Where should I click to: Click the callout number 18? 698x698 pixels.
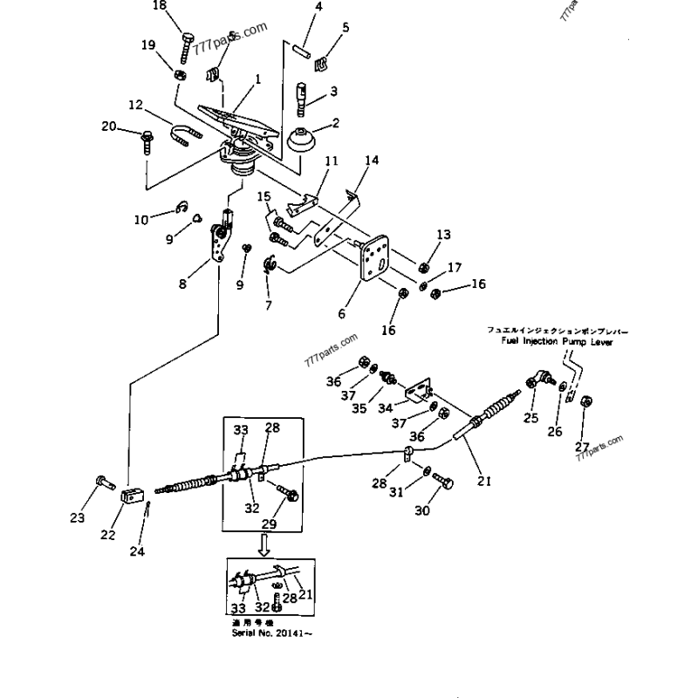coord(158,6)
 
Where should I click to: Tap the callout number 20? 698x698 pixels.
coord(108,127)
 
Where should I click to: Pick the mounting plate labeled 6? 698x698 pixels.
coord(374,257)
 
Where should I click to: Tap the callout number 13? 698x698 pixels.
coord(444,234)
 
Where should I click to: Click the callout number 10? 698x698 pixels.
coord(141,221)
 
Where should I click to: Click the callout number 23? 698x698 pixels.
coord(78,518)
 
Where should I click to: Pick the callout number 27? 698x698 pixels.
coord(582,447)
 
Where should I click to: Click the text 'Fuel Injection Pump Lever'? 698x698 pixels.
coord(563,343)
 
